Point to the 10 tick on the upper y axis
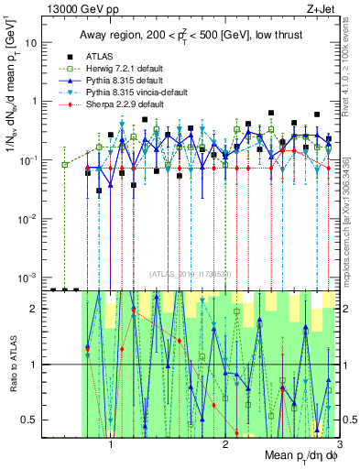tap(32, 43)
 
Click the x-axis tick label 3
tap(339, 445)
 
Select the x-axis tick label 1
tap(111, 445)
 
